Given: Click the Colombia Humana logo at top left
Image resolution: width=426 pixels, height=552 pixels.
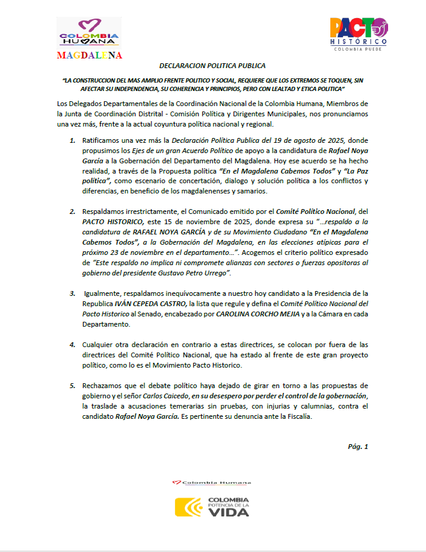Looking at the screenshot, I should (88, 33).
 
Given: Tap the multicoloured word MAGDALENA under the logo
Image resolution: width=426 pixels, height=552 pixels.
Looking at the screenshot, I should (90, 55).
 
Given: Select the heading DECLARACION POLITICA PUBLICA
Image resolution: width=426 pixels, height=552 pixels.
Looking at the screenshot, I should (212, 65).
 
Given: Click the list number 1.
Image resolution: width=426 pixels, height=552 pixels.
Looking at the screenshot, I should (73, 140).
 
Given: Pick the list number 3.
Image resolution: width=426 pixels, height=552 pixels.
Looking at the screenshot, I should (73, 293).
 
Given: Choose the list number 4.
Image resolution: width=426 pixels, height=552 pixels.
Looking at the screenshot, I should (73, 345).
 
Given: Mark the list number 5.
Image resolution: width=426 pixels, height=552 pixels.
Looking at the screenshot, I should (73, 385).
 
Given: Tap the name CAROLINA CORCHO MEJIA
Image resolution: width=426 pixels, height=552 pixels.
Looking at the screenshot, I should (265, 314).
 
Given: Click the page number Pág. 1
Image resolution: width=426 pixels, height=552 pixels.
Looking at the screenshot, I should (357, 447).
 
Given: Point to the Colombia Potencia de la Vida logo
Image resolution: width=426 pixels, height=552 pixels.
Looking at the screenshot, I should (212, 506).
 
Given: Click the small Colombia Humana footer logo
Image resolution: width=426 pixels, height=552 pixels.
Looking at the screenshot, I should (212, 482).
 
